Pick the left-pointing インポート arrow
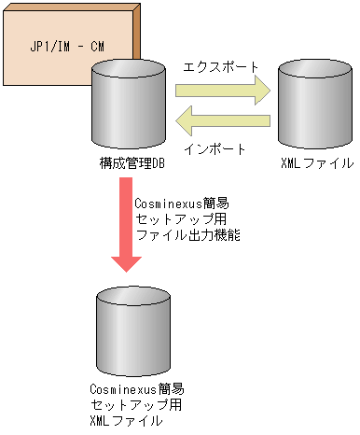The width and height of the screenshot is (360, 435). pyautogui.click(x=223, y=119)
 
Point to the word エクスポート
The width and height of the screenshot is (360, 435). pyautogui.click(x=220, y=67)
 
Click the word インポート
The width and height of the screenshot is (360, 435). pyautogui.click(x=215, y=147)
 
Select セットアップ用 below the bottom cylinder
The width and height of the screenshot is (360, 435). pyautogui.click(x=135, y=404)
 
